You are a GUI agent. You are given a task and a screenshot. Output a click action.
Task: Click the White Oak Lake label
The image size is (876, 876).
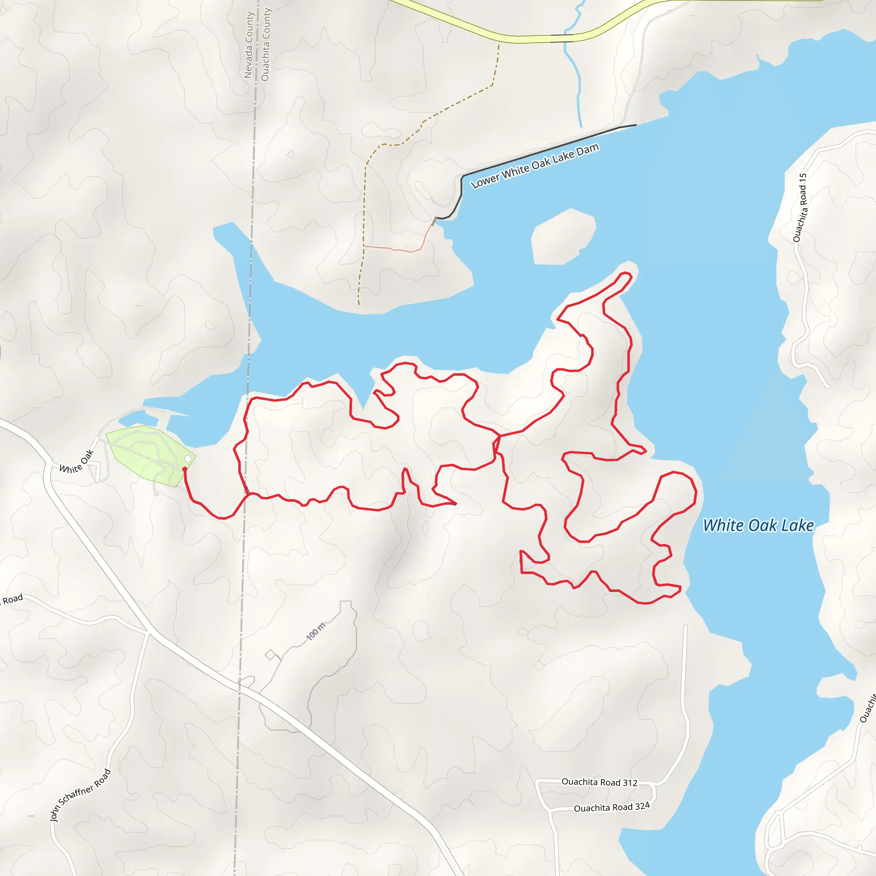point(758,526)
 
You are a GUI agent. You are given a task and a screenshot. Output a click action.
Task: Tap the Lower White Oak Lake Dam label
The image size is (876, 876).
point(535,166)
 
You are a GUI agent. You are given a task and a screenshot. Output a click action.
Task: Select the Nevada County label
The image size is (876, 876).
point(249,45)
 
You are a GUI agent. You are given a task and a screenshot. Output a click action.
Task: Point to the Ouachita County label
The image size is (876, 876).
point(266,45)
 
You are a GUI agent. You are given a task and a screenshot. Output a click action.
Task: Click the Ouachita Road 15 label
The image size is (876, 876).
point(800,207)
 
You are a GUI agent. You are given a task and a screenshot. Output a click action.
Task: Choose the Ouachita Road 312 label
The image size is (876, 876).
point(599,782)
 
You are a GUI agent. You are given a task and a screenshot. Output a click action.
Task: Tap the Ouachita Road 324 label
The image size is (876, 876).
point(612,807)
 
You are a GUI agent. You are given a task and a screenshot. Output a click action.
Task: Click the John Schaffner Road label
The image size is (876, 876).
point(80,795)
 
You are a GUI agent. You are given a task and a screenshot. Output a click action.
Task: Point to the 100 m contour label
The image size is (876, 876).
point(316,632)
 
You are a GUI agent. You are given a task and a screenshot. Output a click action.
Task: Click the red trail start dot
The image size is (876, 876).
point(184,469)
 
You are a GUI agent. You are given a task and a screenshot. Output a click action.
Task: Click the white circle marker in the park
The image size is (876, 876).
point(188,459)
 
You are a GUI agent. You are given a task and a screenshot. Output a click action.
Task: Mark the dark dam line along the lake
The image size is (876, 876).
point(544,150)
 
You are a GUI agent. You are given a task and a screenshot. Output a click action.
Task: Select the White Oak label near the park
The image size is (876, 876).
point(77,462)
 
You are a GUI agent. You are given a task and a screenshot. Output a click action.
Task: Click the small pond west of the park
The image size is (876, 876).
point(136,416)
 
